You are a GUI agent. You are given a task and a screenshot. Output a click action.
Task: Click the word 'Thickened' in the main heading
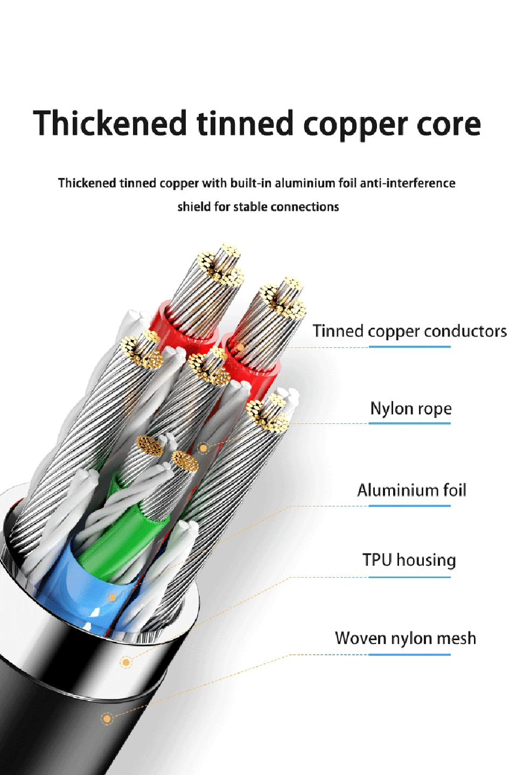coord(110,123)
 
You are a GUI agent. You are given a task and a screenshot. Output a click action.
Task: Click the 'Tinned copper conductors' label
coord(409,331)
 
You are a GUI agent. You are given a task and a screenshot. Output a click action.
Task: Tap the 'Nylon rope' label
coord(411,408)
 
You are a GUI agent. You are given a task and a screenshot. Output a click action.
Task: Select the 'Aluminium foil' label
coord(411,490)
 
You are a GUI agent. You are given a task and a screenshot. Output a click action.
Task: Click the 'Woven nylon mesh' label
coord(406,638)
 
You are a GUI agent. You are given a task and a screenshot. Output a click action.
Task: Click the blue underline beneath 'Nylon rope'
coord(409,423)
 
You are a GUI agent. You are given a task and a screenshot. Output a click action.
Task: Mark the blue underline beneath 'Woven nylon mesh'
coord(409,654)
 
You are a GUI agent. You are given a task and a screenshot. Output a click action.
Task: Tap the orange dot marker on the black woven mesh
coord(107,718)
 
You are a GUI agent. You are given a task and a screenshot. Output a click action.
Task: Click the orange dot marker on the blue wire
coord(112,598)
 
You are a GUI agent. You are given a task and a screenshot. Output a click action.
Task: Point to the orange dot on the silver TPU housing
coord(126,662)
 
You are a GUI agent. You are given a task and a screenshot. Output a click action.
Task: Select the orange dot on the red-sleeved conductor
coord(241,347)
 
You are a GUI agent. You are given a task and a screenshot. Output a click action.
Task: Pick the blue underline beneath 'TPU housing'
coord(409,577)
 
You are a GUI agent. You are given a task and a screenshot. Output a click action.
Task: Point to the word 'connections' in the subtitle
coord(304,207)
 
